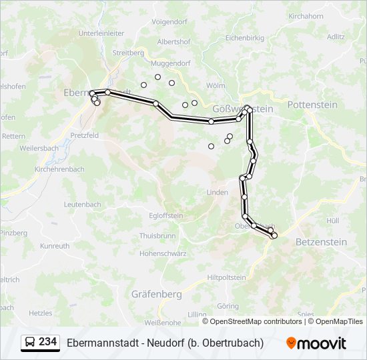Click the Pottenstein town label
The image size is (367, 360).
(312, 105)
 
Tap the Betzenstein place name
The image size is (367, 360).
(320, 242)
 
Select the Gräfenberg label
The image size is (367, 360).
(157, 293)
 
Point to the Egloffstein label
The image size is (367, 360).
(165, 215)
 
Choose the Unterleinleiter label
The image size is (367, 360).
(101, 33)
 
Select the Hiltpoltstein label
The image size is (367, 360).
(227, 277)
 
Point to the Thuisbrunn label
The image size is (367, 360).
(157, 236)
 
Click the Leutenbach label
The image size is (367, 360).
(83, 203)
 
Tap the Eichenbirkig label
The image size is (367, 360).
(246, 39)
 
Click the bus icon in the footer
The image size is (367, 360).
(30, 343)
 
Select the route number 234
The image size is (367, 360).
(48, 342)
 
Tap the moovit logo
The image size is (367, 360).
(316, 343)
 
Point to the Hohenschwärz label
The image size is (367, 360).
(162, 253)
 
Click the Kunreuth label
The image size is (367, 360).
(55, 246)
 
